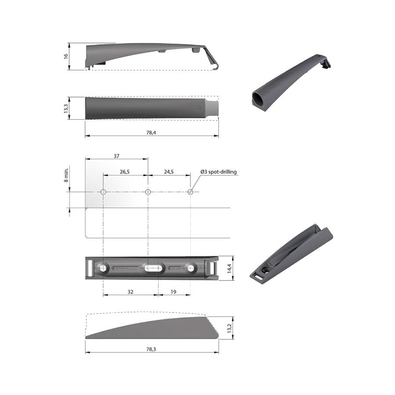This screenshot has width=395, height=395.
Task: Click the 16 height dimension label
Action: (66, 56)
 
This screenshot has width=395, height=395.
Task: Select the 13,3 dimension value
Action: (66, 108)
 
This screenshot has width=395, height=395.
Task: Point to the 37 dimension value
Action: (116, 156)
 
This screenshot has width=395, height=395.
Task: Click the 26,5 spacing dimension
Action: (125, 172)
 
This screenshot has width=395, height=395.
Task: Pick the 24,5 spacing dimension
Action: (169, 172)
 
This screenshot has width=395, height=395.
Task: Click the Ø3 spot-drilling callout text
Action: (218, 172)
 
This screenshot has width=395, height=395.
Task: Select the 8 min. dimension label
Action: (66, 174)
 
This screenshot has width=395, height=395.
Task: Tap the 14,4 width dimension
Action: (229, 268)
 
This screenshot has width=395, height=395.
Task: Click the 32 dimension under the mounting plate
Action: (130, 291)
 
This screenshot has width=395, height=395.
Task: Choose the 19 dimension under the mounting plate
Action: (174, 291)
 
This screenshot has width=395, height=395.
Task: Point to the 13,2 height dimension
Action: (229, 328)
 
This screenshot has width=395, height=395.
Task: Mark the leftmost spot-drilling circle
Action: (103, 192)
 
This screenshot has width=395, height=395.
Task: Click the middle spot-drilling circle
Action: (148, 192)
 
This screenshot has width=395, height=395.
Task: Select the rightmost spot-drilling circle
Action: (190, 192)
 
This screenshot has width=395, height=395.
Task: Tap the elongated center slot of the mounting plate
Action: (153, 267)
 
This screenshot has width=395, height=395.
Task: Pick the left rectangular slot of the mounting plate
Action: (91, 268)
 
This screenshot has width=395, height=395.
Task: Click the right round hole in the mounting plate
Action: (191, 267)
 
